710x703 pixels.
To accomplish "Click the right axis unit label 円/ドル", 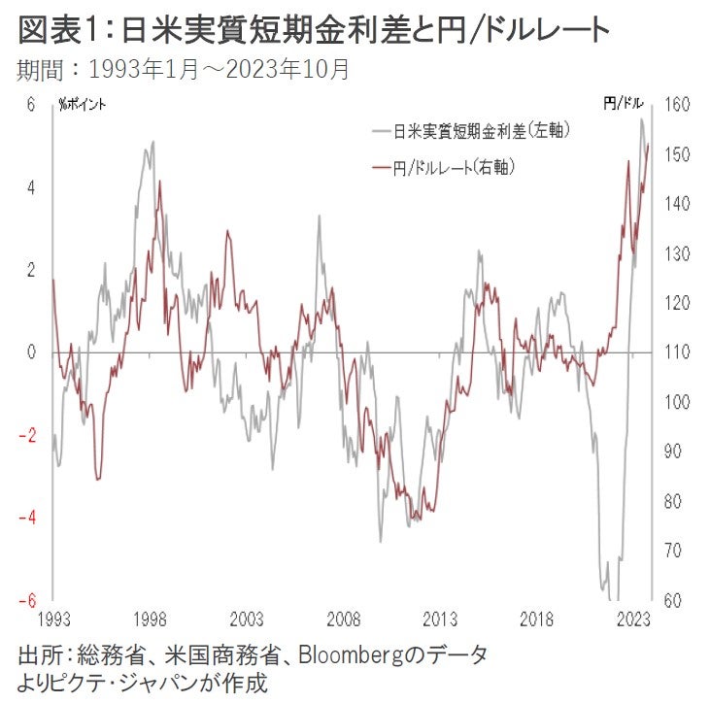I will coord(622,104).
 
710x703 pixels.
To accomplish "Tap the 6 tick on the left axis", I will coord(30,105).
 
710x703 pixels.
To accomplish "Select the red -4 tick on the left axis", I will coord(27,518).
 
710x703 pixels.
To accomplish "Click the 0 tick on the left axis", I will coord(30,352).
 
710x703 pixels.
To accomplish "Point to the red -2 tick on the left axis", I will coord(27,435).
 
